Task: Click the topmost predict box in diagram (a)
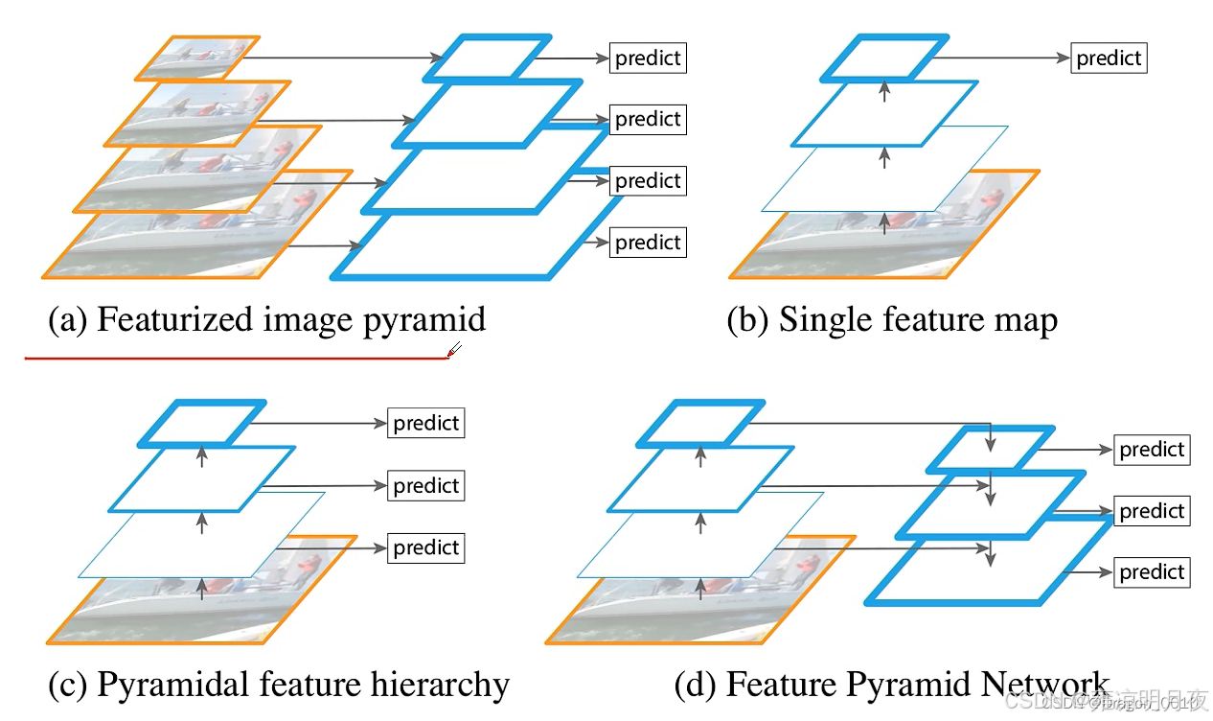pyautogui.click(x=648, y=58)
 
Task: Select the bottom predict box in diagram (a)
pyautogui.click(x=648, y=243)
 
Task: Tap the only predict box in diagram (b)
pyautogui.click(x=1108, y=58)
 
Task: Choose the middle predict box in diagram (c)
pyautogui.click(x=425, y=486)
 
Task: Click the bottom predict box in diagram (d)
pyautogui.click(x=1152, y=572)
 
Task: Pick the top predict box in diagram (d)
pyautogui.click(x=1152, y=450)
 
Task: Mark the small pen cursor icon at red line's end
pyautogui.click(x=455, y=350)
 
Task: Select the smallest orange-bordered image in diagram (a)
pyautogui.click(x=197, y=57)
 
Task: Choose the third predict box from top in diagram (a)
pyautogui.click(x=648, y=181)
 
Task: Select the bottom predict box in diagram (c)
pyautogui.click(x=425, y=547)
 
